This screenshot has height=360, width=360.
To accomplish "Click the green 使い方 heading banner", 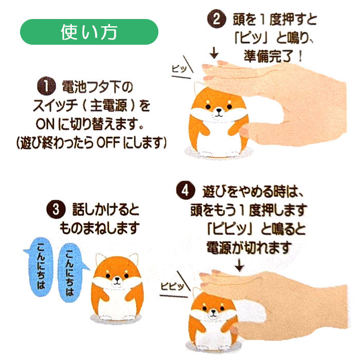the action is coord(89,32).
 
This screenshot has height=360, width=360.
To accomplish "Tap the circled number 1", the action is coord(46,86).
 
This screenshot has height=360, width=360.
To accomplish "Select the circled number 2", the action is coord(217,20).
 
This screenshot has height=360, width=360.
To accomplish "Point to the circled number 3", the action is coord(56,210).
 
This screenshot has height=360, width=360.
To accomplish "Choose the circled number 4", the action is coord(186,191).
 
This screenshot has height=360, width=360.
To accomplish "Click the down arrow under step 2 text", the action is coord(214,52).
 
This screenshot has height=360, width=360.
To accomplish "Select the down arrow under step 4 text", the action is coord(240,265).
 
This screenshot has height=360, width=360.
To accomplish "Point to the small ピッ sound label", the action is coord(179,68).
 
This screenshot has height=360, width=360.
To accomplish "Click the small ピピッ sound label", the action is coord(172,286).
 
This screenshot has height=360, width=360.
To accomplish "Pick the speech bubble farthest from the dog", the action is coord(40,267).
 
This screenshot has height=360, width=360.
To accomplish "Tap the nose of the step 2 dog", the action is coord(219,111).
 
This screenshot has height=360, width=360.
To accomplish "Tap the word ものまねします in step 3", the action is coord(99,228).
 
